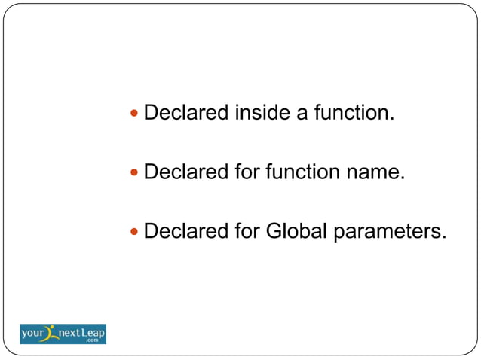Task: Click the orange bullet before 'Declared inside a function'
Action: [135, 114]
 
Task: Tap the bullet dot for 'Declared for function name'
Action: [135, 172]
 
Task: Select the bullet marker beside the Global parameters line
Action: [135, 231]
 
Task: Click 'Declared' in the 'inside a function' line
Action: [186, 113]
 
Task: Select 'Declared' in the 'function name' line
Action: [186, 172]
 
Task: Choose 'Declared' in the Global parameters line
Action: [186, 230]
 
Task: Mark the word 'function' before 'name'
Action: [303, 172]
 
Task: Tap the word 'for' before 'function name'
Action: [246, 172]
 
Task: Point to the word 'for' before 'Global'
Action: [246, 230]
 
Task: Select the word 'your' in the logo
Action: [34, 332]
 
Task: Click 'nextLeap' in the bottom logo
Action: [81, 331]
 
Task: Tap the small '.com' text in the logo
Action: [92, 340]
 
